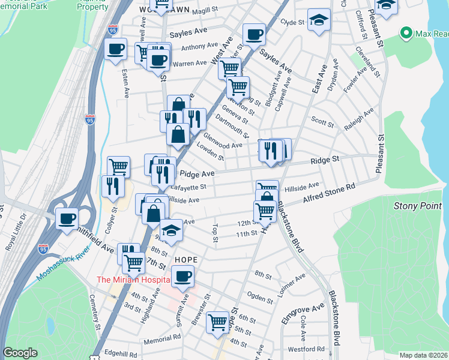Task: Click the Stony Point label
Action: [418, 206]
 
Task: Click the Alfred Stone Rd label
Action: [329, 196]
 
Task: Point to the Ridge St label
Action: [325, 160]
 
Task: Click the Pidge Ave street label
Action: [193, 173]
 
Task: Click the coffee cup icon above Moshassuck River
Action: [67, 218]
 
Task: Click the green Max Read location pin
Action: [406, 32]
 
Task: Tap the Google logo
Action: [20, 353]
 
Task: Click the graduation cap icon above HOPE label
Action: [171, 230]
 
